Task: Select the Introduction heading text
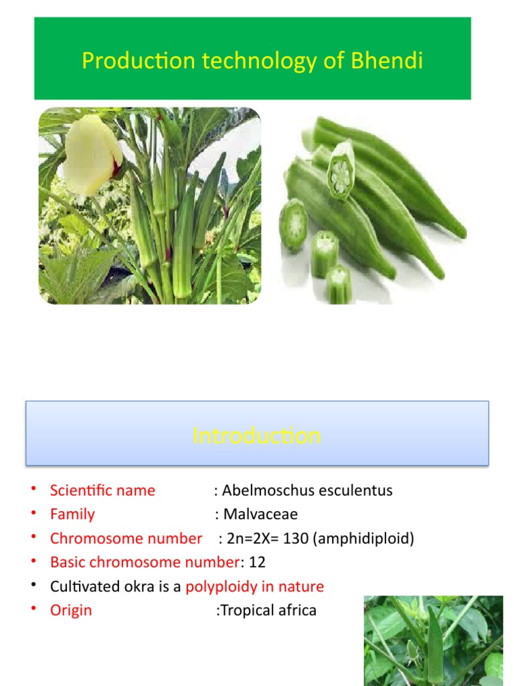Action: click(256, 436)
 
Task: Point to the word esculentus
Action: click(353, 490)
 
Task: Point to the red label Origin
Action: click(71, 611)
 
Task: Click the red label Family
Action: click(72, 514)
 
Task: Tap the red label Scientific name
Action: click(102, 490)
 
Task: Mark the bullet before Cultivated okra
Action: click(32, 586)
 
